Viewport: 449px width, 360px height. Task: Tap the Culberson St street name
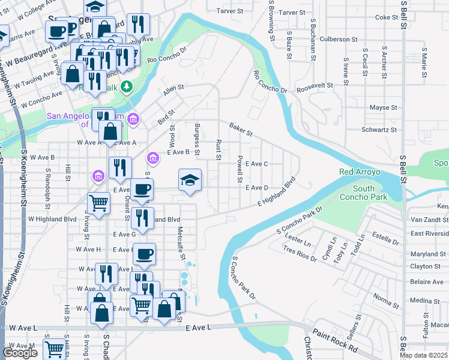(x=339, y=39)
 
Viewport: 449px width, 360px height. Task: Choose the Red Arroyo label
(x=360, y=172)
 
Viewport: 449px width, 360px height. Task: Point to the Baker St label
(x=240, y=128)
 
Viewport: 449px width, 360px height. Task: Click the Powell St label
(x=240, y=169)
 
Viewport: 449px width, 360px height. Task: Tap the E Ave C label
(x=256, y=164)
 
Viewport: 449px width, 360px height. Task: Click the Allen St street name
(x=173, y=91)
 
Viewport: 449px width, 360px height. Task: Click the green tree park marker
(x=126, y=88)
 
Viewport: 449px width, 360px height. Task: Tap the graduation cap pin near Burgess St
(x=190, y=181)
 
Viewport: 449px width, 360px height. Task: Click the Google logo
(x=20, y=353)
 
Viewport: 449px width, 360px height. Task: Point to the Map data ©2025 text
(x=424, y=355)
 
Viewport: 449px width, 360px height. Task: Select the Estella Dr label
(x=386, y=238)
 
